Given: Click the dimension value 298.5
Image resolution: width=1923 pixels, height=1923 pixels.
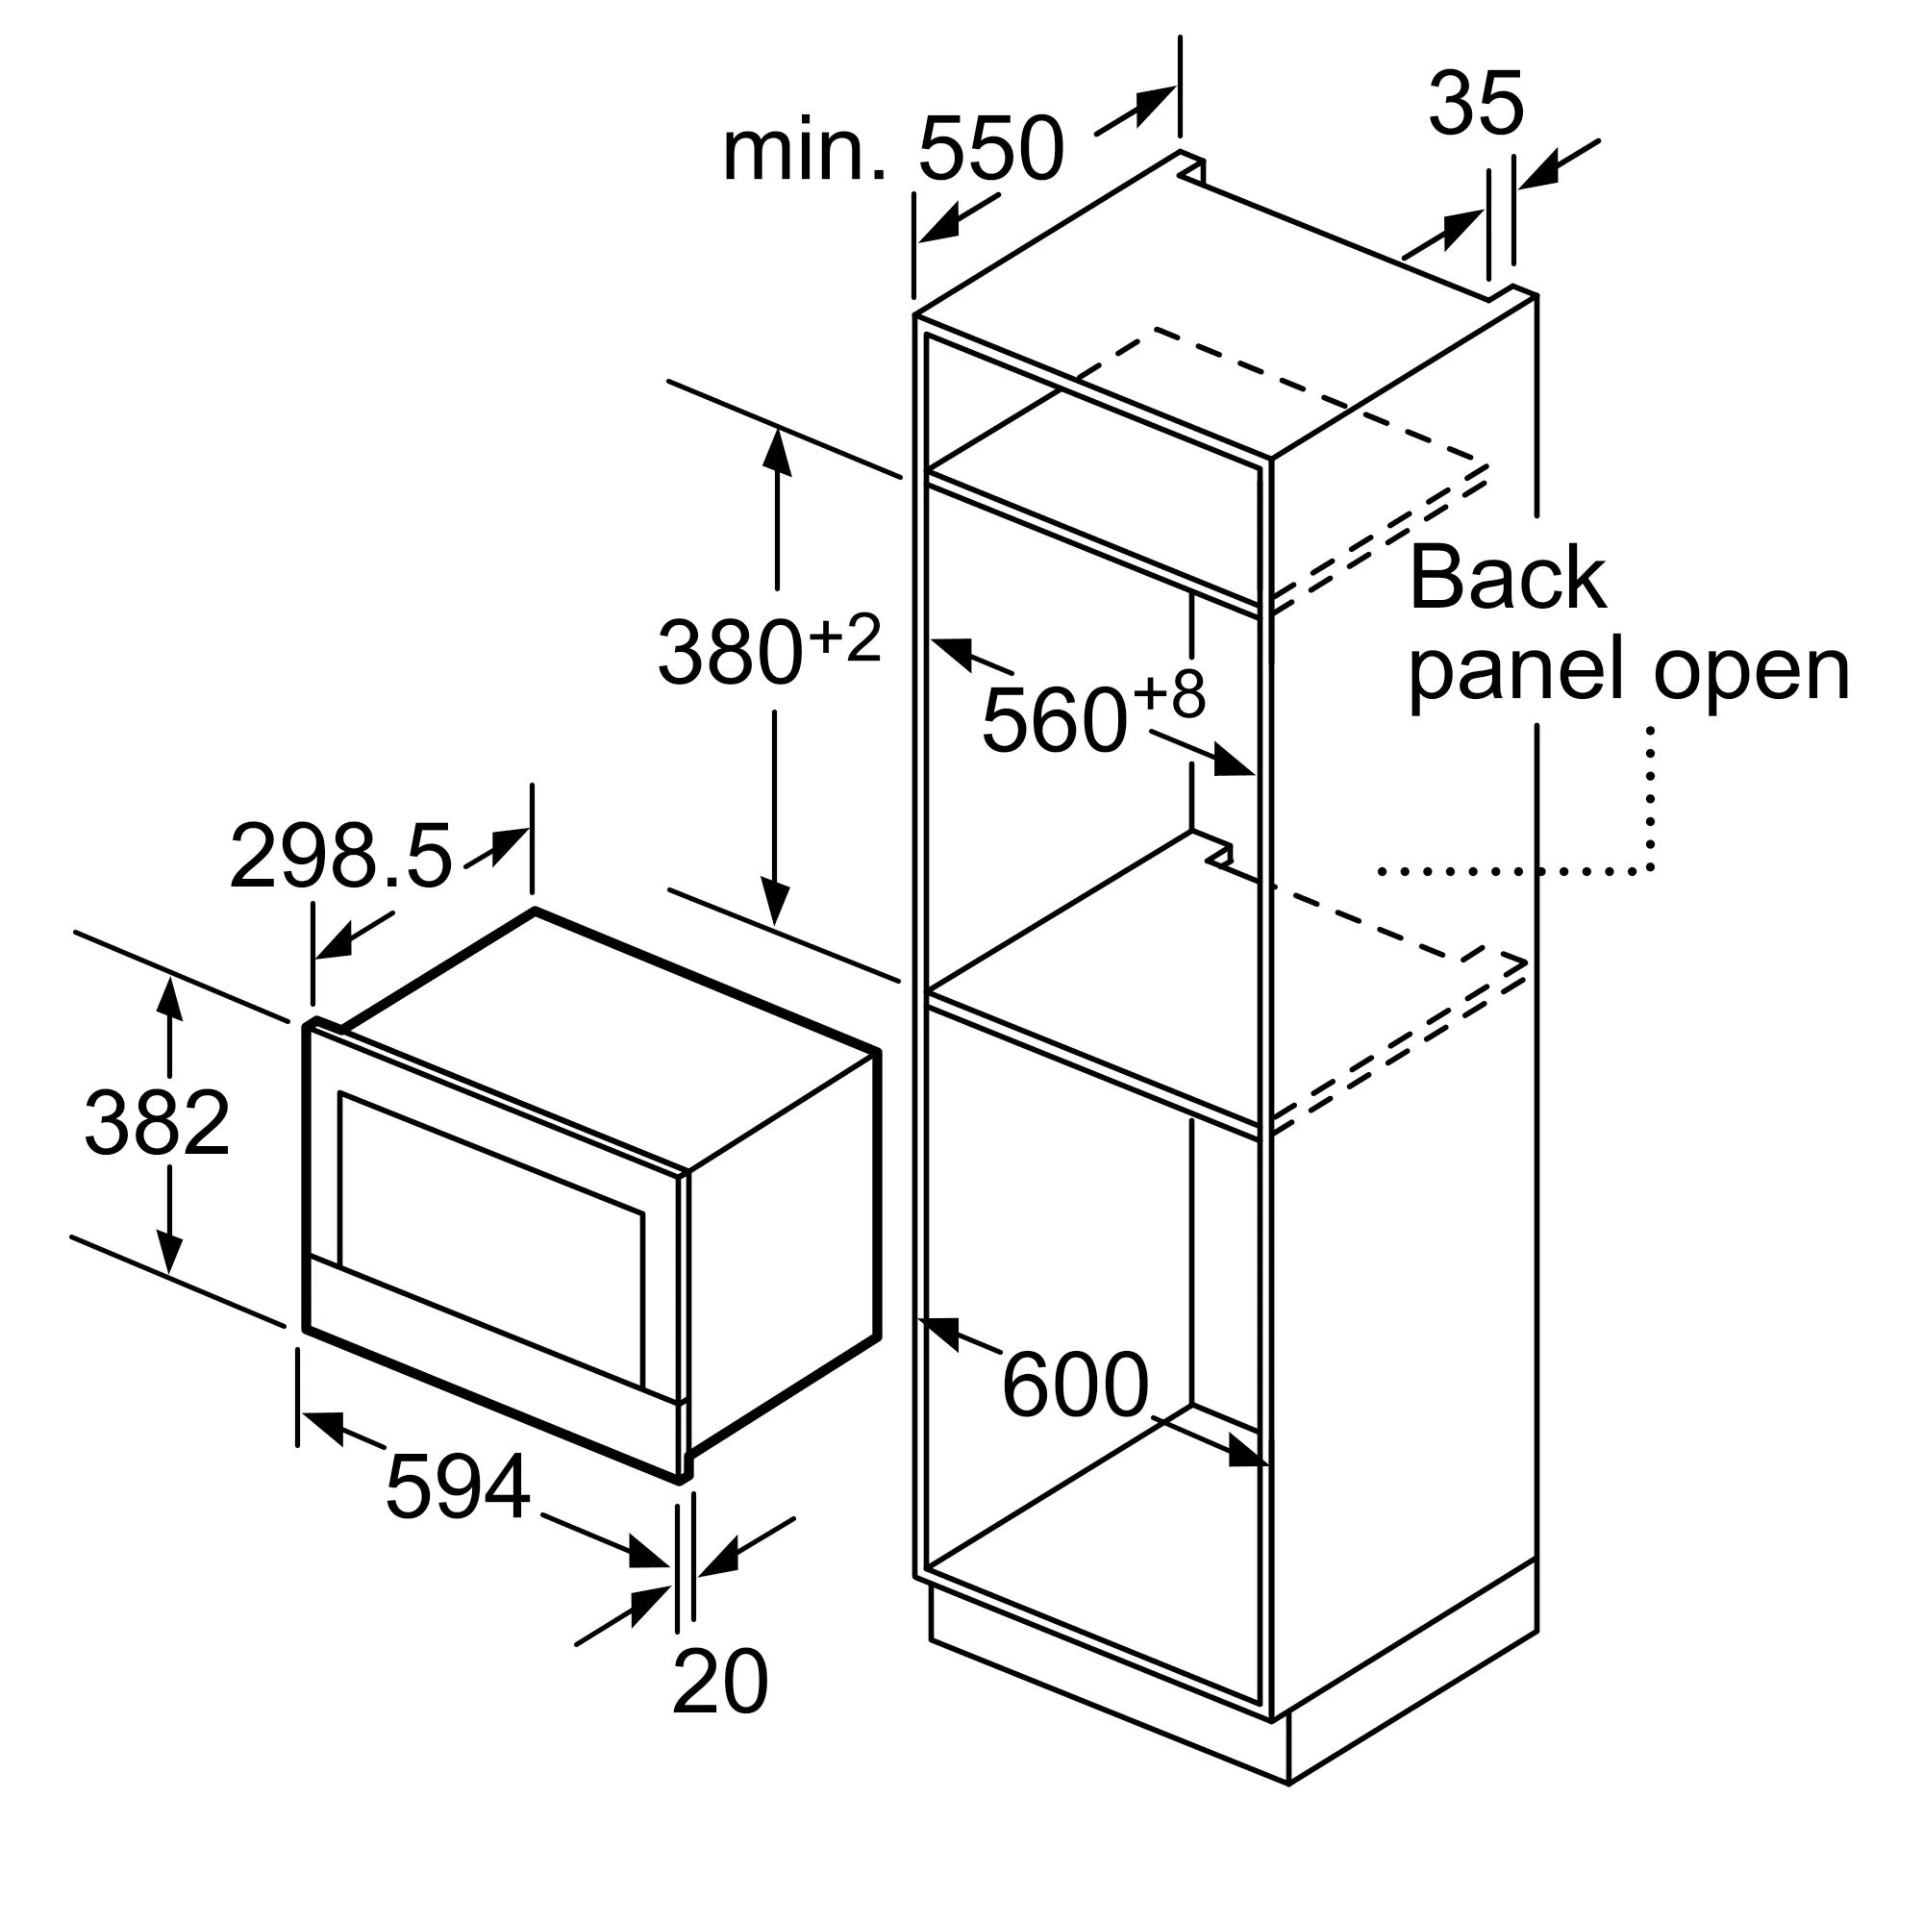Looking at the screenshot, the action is coord(340,856).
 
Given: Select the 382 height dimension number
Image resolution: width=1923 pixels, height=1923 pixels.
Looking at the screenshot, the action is coord(158,1122).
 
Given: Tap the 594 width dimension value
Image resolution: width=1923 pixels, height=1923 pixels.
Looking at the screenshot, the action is coord(458,1487).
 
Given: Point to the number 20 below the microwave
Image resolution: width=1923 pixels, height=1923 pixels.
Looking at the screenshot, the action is coord(719,1681).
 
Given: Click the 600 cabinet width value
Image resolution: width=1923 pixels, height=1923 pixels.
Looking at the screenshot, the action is coord(1075,1385).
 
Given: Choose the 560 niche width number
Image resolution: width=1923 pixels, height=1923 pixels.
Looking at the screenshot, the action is coord(1054,719).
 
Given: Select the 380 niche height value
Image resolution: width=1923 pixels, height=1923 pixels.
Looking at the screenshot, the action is coord(730,652).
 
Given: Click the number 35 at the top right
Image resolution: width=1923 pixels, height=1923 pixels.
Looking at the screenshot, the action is coord(1476,103).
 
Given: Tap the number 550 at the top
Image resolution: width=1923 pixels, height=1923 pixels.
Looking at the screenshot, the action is coord(991,149).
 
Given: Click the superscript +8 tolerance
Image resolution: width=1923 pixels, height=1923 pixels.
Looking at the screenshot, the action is coord(1168,695).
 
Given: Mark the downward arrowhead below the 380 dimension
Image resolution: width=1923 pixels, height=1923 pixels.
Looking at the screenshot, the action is coord(775,902).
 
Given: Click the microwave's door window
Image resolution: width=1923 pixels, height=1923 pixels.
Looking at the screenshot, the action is coord(491,1239).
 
